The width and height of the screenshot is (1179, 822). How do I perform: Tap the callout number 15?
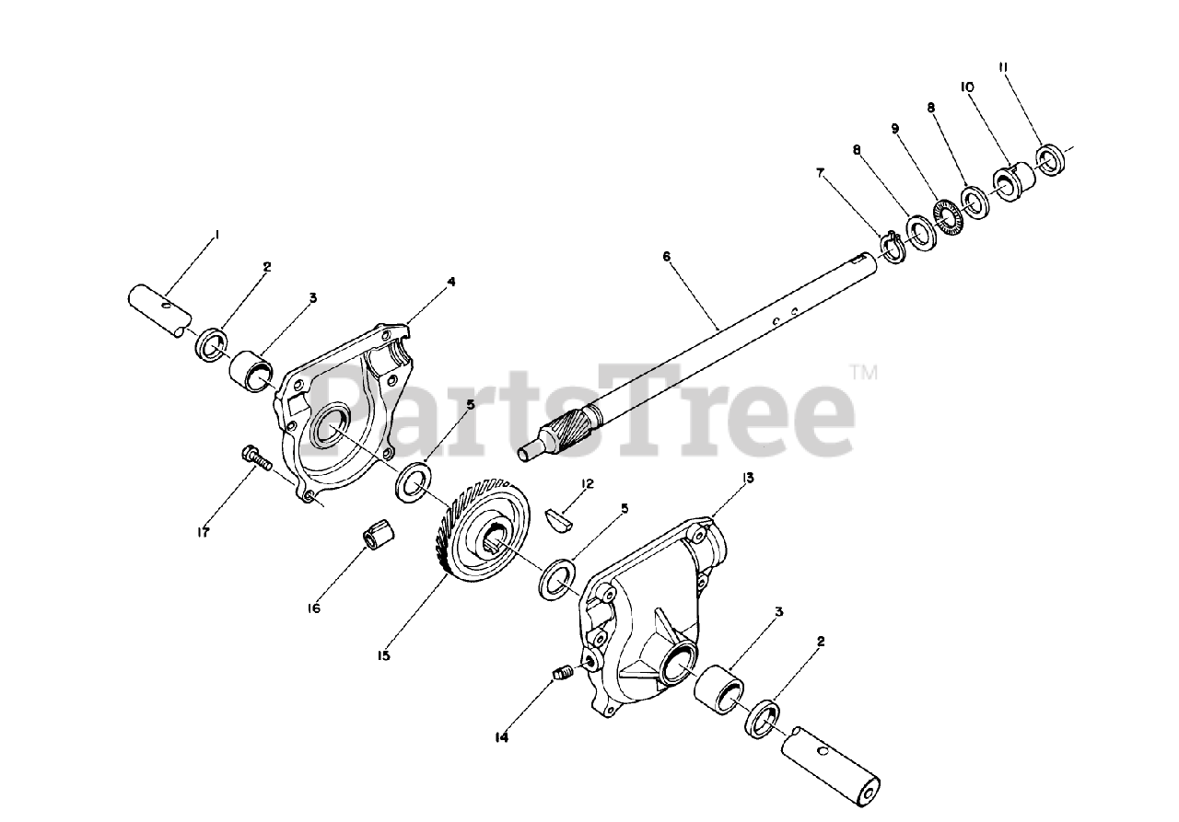point(383,655)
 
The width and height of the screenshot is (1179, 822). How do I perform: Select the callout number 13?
point(748,478)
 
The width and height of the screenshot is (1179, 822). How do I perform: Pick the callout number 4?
point(450,282)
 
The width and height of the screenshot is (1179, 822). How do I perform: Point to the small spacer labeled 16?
point(377,534)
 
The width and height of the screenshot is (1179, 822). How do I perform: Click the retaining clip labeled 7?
point(891,244)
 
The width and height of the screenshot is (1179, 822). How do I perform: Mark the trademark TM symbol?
point(863,373)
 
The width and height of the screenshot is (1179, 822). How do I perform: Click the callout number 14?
point(501,736)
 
